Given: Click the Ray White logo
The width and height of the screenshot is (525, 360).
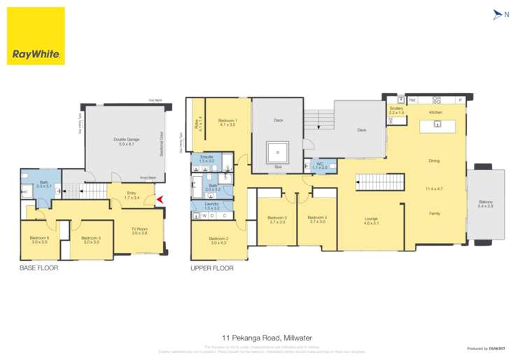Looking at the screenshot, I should (x=36, y=36).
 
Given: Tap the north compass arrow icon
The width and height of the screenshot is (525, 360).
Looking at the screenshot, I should (x=498, y=14).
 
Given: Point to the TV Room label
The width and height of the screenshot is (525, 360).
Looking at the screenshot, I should (x=140, y=231).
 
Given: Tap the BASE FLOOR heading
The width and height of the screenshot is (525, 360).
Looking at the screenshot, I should (x=38, y=268).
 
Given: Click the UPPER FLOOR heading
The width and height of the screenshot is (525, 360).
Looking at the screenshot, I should (x=212, y=268).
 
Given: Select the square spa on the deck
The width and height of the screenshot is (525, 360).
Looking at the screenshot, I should (x=279, y=151).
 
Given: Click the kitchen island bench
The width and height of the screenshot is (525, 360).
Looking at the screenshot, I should (x=437, y=126).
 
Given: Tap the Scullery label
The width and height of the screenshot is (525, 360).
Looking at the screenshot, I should (x=396, y=109).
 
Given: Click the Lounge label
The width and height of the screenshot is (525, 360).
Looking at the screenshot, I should (x=371, y=221).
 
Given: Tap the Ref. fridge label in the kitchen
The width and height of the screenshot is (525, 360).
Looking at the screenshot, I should (x=412, y=100).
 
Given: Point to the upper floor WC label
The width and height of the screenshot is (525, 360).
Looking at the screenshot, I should (x=319, y=165).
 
